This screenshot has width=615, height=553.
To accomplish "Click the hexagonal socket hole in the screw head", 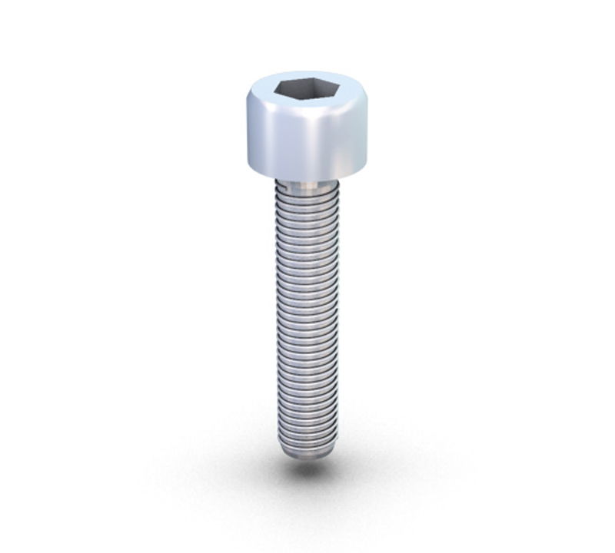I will (307, 90).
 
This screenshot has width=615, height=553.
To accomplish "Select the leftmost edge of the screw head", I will (248, 138).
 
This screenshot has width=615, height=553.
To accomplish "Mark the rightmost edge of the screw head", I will (367, 138).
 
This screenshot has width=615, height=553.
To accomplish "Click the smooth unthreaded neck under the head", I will (307, 185).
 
